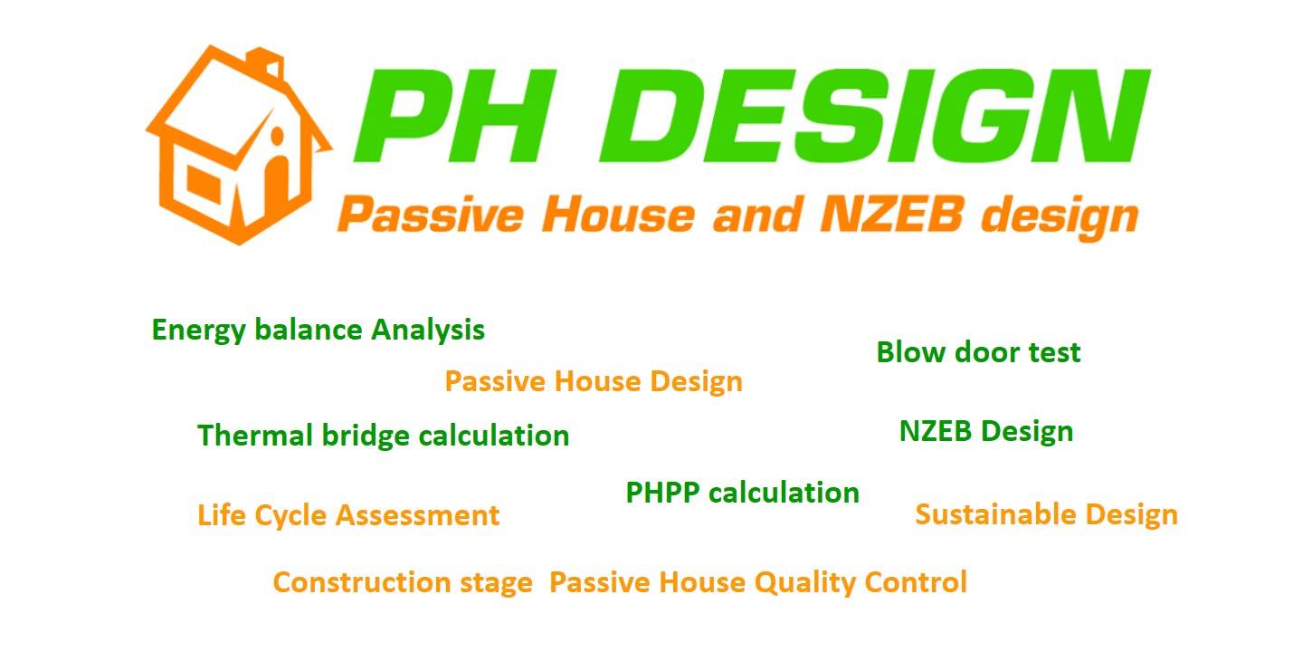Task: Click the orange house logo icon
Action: pyautogui.click(x=239, y=146)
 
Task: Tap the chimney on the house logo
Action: pyautogui.click(x=265, y=62)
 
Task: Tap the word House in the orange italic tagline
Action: pyautogui.click(x=618, y=215)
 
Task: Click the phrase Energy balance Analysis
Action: pyautogui.click(x=319, y=331)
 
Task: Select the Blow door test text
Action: pyautogui.click(x=978, y=352)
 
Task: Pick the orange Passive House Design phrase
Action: pyautogui.click(x=594, y=382)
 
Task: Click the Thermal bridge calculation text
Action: pyautogui.click(x=384, y=436)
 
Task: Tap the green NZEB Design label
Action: pyautogui.click(x=986, y=432)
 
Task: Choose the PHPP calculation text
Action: pyautogui.click(x=742, y=493)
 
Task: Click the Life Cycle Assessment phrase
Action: pyautogui.click(x=348, y=516)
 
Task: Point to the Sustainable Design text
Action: pyautogui.click(x=1046, y=515)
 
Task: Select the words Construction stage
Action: pyautogui.click(x=403, y=583)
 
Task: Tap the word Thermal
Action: pyautogui.click(x=255, y=435)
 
